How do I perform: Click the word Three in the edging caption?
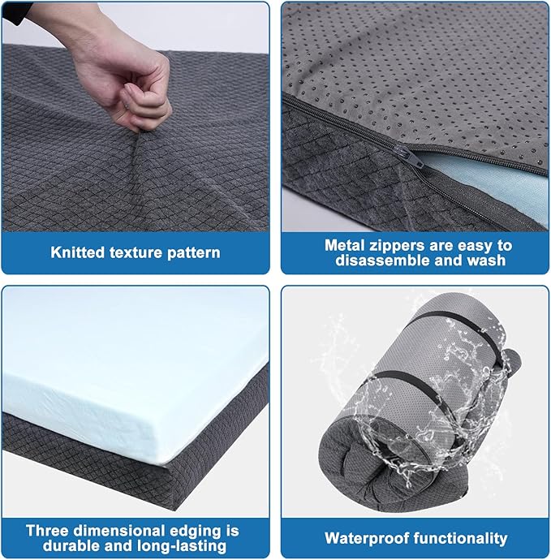47,530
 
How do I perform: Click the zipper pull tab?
415,159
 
